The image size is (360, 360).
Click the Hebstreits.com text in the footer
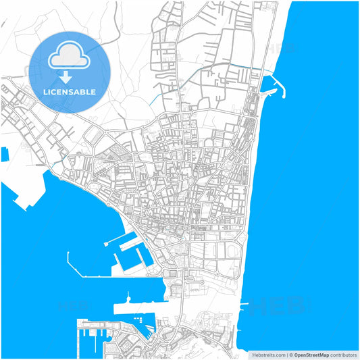point(268,355)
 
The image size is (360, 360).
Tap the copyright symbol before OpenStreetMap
point(291,355)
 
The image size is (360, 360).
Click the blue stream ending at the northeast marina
point(223,70)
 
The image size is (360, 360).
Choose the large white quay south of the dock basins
point(138,308)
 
